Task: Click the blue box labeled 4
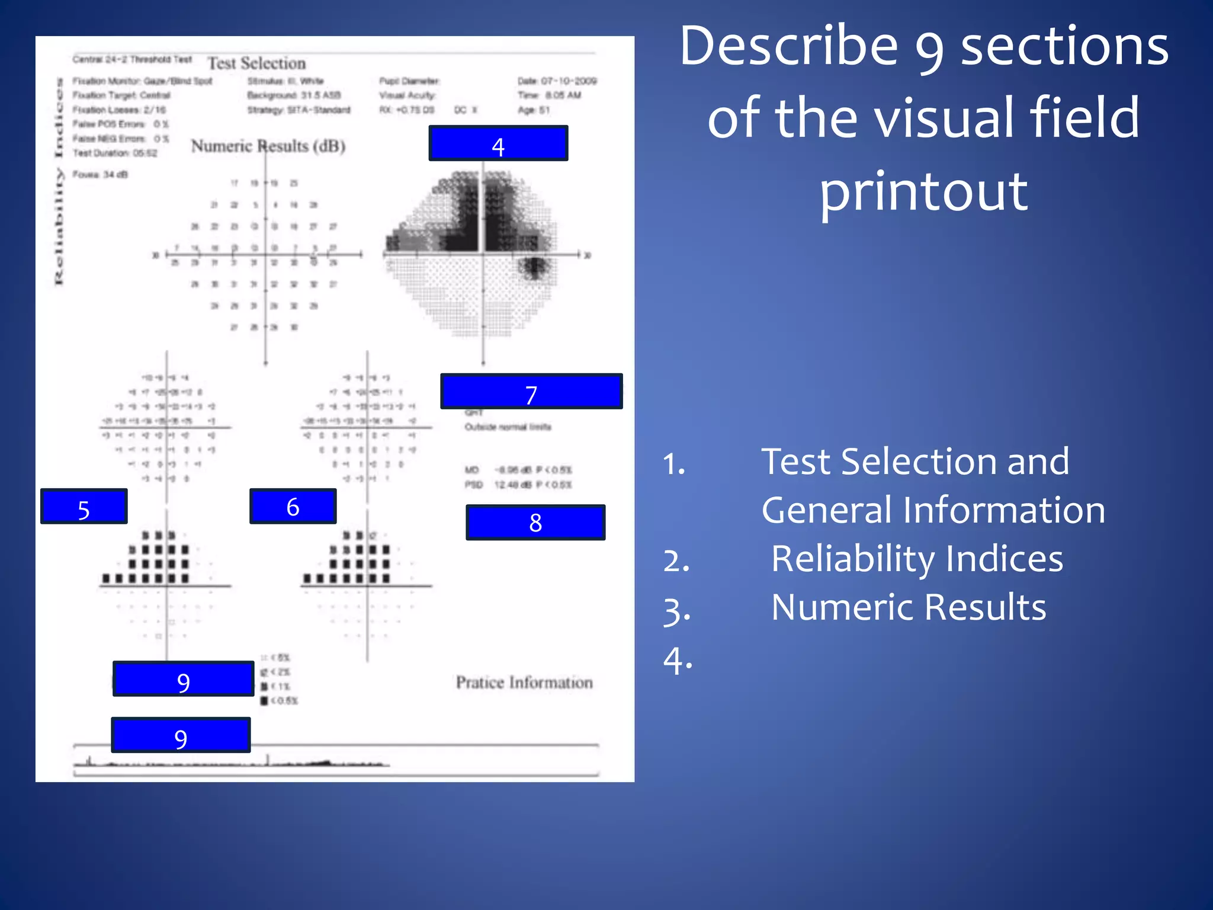pos(498,143)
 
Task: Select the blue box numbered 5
pos(84,507)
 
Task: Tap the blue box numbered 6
pos(293,507)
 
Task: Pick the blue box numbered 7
pos(531,392)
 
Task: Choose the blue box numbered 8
pos(535,523)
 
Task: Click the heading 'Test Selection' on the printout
pos(256,63)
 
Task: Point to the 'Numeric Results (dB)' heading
pos(268,146)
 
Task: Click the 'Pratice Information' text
pos(524,682)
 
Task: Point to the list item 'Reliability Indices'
pos(917,559)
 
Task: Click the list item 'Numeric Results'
pos(909,607)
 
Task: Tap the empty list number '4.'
pos(678,660)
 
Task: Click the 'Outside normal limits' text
pos(508,427)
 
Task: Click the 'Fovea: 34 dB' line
pos(100,174)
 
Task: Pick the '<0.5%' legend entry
pos(280,701)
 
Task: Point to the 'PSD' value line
pos(518,485)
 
